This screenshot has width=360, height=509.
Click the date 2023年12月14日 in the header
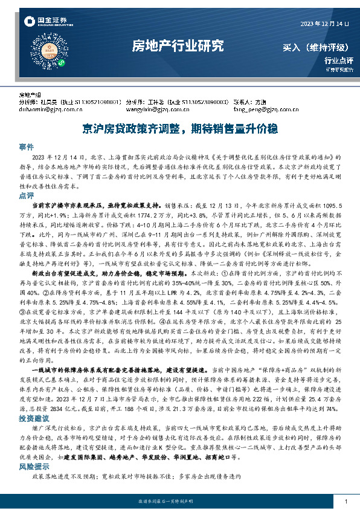324,23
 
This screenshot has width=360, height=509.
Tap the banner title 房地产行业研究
178,46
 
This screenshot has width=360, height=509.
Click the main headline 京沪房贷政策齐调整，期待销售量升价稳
180,128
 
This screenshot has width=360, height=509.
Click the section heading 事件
27,147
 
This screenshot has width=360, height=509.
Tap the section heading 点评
27,196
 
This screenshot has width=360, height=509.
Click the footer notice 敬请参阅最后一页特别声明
180,502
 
